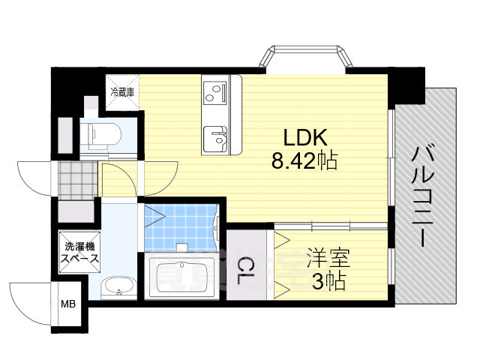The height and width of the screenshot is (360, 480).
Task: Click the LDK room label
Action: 304,138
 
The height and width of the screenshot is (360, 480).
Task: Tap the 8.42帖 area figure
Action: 304,160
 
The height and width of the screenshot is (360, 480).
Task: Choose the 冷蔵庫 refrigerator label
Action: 122,93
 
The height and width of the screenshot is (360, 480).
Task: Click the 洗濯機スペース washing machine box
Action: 79,251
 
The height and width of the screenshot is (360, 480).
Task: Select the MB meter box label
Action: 68,304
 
